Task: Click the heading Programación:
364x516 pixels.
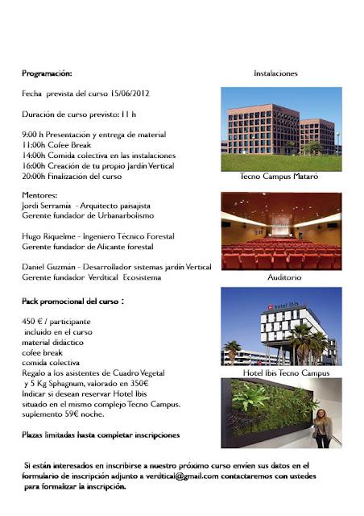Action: [47, 73]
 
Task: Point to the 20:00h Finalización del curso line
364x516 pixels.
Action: [72, 175]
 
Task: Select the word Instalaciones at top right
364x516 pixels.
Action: [275, 73]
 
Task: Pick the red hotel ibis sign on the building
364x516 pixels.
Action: [281, 307]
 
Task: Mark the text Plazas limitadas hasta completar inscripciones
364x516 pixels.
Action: [99, 435]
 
